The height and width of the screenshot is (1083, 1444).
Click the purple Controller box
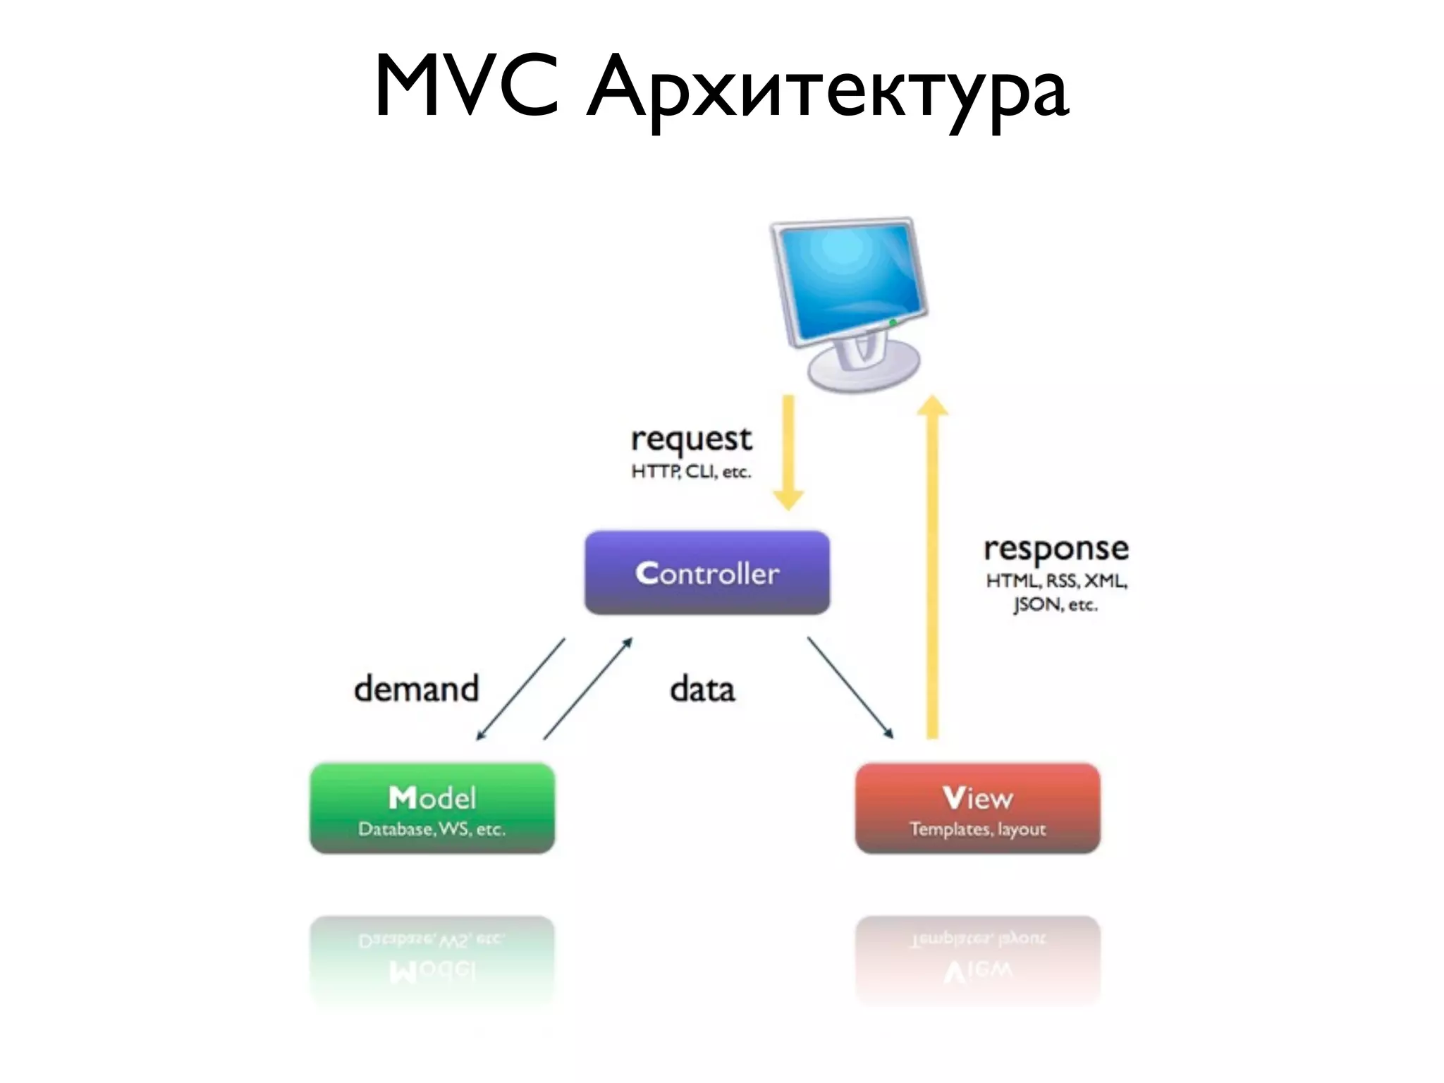(x=706, y=573)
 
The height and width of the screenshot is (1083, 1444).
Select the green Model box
(x=432, y=807)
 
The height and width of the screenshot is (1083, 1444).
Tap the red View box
(x=977, y=807)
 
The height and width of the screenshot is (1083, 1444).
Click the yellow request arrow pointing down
(x=789, y=451)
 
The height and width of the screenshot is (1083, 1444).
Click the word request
(x=691, y=439)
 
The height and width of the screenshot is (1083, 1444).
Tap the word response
(x=1056, y=549)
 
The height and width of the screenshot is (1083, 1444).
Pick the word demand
(x=416, y=689)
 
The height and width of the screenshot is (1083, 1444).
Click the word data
(x=702, y=689)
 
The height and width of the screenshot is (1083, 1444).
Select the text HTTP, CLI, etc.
(x=691, y=472)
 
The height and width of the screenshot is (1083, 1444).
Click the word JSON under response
(x=1036, y=605)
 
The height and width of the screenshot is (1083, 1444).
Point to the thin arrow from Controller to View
(x=850, y=687)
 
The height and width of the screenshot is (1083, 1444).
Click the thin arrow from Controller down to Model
(x=521, y=688)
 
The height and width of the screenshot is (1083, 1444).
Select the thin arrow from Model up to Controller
(x=587, y=688)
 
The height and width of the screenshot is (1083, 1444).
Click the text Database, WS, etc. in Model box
(x=432, y=829)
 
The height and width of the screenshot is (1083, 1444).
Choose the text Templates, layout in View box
(x=977, y=829)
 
